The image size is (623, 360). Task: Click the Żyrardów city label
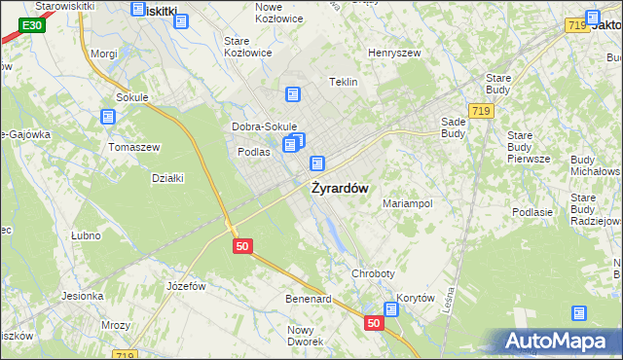pyautogui.click(x=339, y=189)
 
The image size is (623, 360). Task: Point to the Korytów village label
pyautogui.click(x=414, y=299)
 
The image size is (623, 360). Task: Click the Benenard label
pyautogui.click(x=308, y=299)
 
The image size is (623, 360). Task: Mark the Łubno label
pyautogui.click(x=87, y=235)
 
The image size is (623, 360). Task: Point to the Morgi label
pyautogui.click(x=103, y=54)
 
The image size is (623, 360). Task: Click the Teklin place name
pyautogui.click(x=345, y=83)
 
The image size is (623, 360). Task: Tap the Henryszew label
pyautogui.click(x=393, y=54)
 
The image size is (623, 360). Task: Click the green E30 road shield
pyautogui.click(x=32, y=24)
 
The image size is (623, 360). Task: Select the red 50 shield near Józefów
pyautogui.click(x=243, y=247)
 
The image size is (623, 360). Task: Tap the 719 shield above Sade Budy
pyautogui.click(x=478, y=112)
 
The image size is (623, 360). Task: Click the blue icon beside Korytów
pyautogui.click(x=391, y=309)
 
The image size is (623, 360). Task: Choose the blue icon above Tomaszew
pyautogui.click(x=108, y=117)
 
